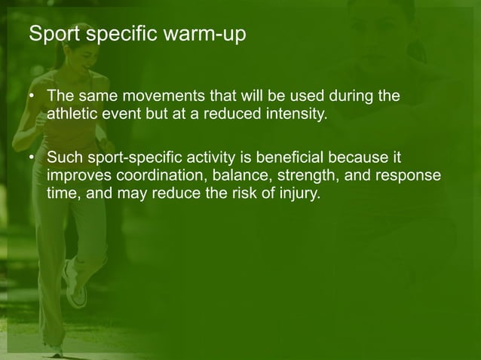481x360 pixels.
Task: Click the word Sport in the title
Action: (x=50, y=35)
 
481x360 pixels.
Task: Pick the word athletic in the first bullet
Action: (x=72, y=116)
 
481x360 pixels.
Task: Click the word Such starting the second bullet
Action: (x=63, y=158)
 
